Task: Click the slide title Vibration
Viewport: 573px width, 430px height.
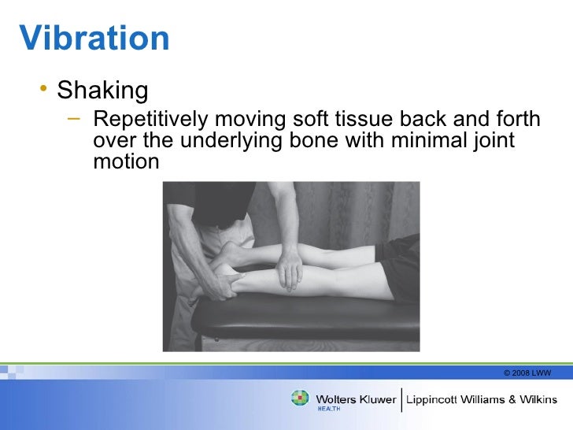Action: tap(94, 38)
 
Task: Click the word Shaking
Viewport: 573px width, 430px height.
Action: tap(102, 91)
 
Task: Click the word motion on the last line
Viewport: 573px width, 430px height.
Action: tap(126, 162)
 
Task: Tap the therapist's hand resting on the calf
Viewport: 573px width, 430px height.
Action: tap(290, 268)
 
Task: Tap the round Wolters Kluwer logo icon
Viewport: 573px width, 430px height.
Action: tap(301, 398)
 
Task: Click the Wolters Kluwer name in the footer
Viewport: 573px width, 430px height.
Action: tap(356, 398)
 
